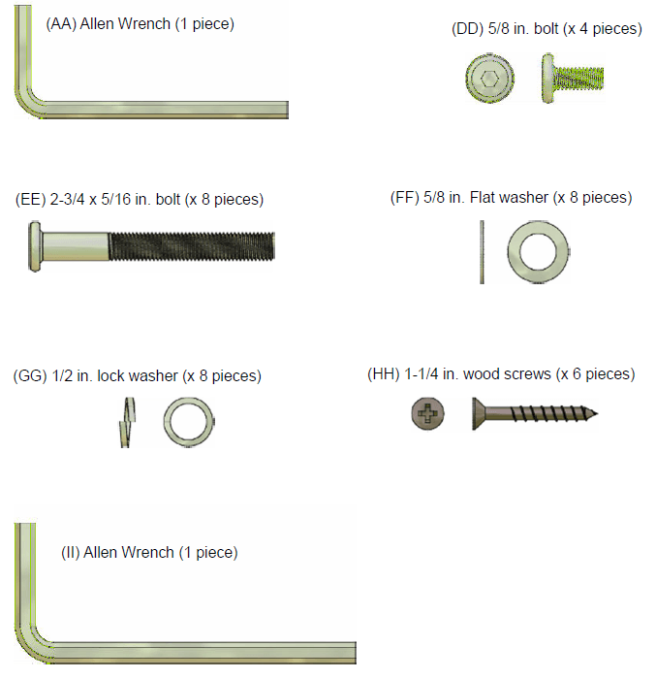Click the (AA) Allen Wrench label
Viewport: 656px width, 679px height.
point(140,24)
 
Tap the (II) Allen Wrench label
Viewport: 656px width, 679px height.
point(149,553)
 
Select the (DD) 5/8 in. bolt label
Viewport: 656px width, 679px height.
point(547,28)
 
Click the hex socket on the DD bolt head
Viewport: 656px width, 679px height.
point(490,79)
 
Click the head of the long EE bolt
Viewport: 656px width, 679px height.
point(35,246)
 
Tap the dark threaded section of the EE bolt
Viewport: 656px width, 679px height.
point(192,246)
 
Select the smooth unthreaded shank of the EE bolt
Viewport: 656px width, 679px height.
point(76,246)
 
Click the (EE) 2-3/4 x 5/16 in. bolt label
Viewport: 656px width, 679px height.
point(140,200)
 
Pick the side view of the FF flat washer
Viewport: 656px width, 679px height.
point(482,252)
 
